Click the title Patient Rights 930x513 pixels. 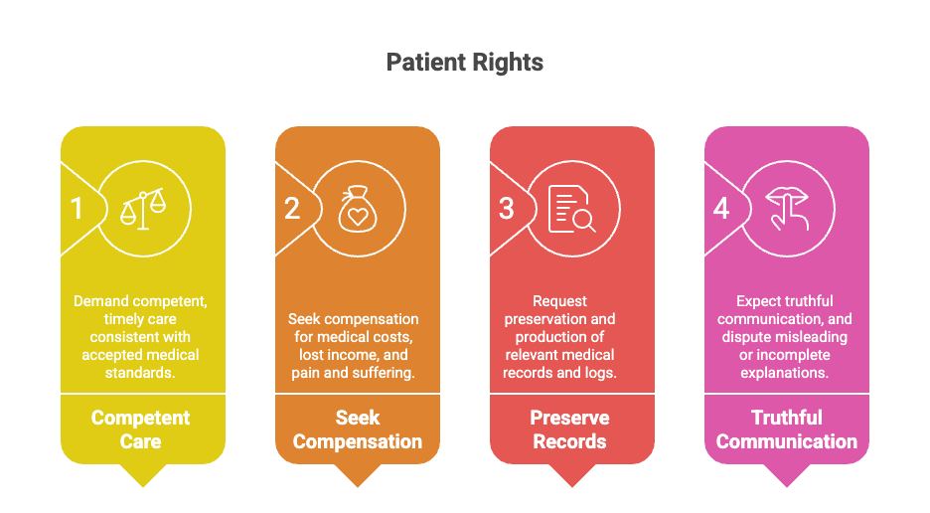(464, 63)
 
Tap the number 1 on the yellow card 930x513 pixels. (77, 209)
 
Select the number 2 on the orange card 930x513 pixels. (292, 209)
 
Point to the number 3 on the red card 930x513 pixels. (506, 209)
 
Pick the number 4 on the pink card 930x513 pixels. (720, 209)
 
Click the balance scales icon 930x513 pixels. (143, 209)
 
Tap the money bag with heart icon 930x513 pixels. (358, 209)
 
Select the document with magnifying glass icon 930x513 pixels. (571, 209)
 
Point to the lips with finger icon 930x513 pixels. (787, 209)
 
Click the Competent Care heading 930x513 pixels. (140, 429)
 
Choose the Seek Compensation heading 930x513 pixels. (358, 429)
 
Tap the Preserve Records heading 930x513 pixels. (570, 429)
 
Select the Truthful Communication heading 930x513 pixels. (787, 429)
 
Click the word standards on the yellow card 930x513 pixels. (140, 373)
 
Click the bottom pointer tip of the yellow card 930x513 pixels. (143, 487)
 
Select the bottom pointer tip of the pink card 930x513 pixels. (787, 487)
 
